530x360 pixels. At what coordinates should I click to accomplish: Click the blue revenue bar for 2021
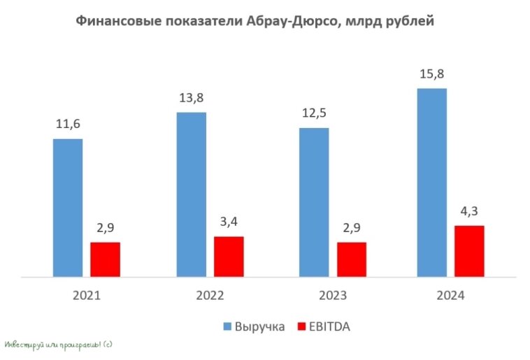click(68, 208)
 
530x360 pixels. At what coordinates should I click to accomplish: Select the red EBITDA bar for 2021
click(105, 260)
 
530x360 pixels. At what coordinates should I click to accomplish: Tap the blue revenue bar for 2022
click(191, 195)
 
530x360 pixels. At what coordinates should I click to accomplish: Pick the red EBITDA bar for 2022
click(229, 257)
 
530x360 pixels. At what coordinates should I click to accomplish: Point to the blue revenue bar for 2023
click(313, 203)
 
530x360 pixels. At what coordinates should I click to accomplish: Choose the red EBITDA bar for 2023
click(351, 260)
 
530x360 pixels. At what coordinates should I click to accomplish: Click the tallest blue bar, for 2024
click(431, 183)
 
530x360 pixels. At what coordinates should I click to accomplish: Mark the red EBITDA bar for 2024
click(469, 252)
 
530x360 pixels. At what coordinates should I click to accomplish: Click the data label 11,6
click(68, 124)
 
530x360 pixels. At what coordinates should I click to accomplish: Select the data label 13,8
click(191, 98)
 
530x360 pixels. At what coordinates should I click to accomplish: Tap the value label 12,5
click(313, 113)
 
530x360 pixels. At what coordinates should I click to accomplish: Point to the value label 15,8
click(431, 73)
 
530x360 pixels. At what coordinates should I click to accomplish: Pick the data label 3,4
click(229, 222)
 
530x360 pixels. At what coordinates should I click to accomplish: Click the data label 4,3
click(469, 211)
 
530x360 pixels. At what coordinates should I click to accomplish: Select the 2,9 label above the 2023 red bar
click(351, 228)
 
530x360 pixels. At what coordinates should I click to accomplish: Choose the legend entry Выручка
click(259, 326)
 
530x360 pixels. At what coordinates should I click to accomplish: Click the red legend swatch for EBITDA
click(302, 326)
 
